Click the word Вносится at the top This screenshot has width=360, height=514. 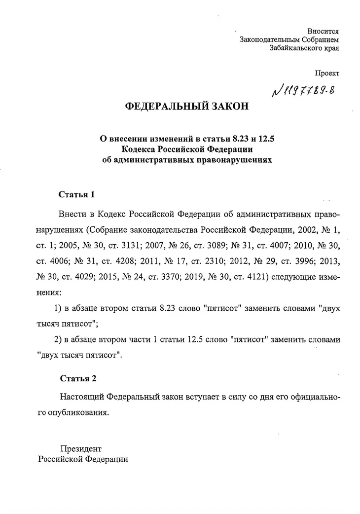[324, 30]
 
